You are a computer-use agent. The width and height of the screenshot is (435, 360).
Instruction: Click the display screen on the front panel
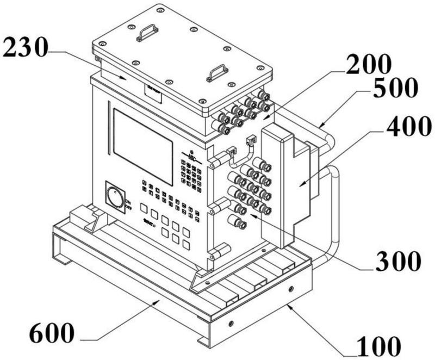click(x=142, y=138)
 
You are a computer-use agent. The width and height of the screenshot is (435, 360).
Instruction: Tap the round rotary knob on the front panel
click(x=115, y=197)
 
